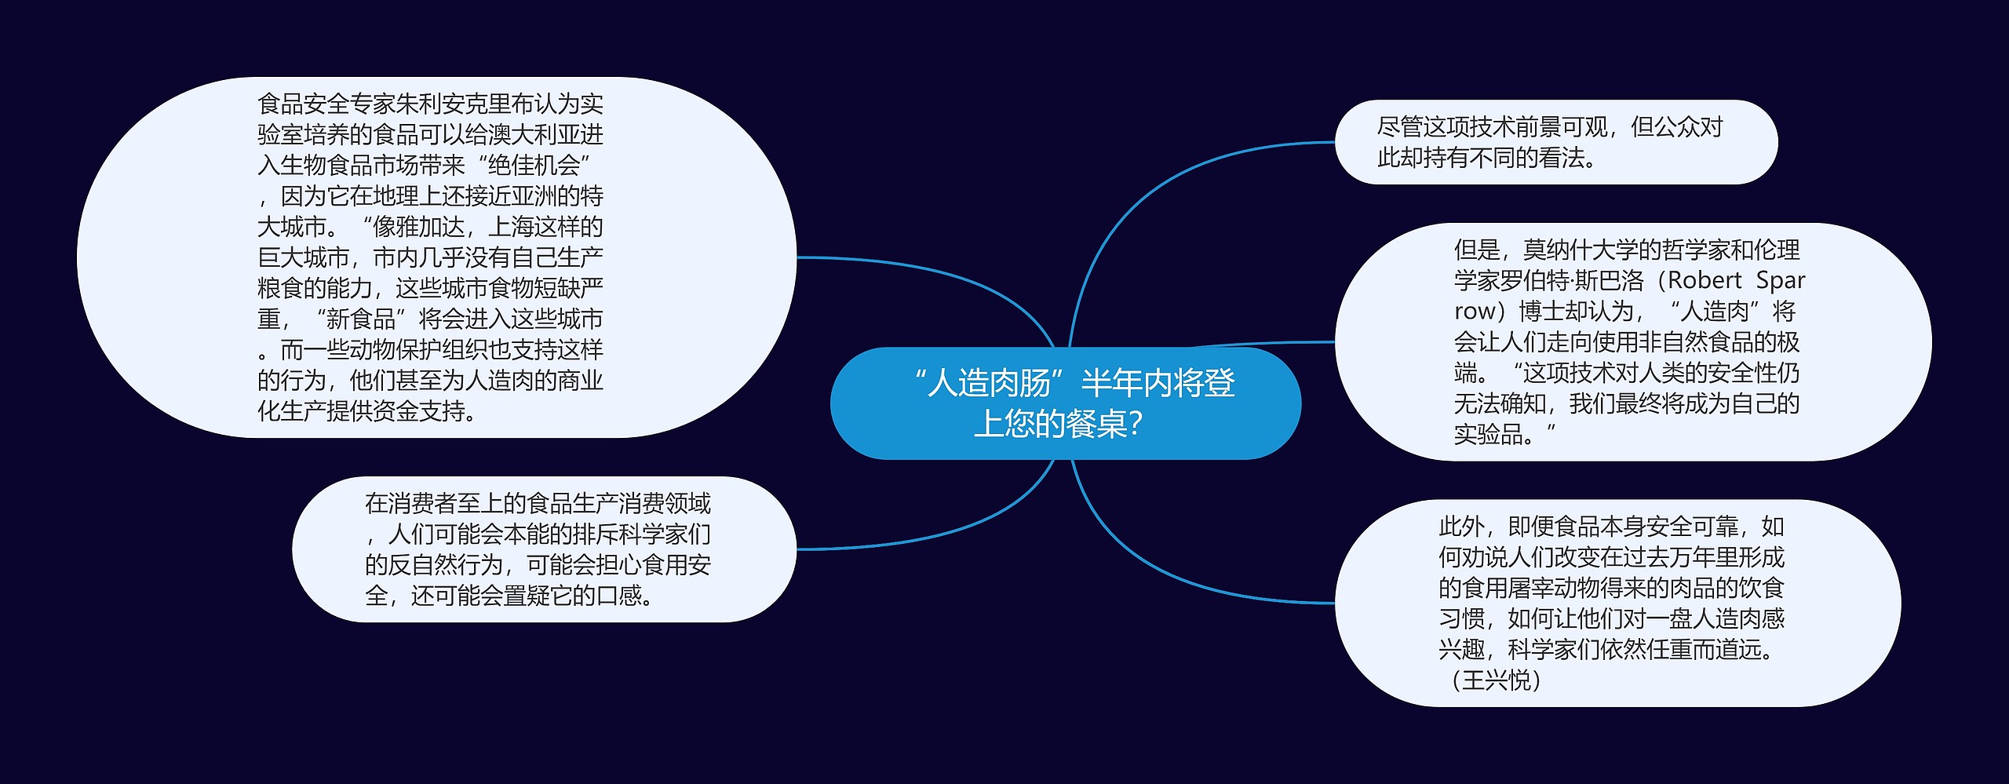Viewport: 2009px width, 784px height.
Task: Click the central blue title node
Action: pyautogui.click(x=1065, y=403)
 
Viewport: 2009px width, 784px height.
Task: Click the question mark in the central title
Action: pyautogui.click(x=1135, y=424)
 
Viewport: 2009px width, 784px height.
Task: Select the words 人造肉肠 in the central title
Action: pyautogui.click(x=989, y=383)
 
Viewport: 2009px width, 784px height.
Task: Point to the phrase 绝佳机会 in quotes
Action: pyautogui.click(x=534, y=165)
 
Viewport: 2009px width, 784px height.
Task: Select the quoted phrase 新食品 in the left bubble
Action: pyautogui.click(x=360, y=319)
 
